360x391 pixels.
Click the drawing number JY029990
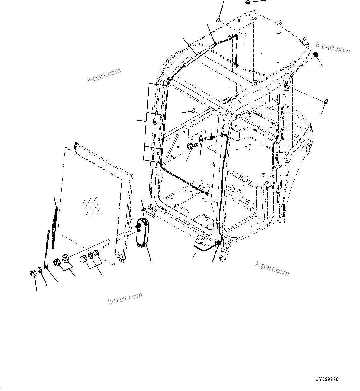327,379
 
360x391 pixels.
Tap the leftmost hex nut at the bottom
32,273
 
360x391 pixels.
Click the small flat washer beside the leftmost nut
40,270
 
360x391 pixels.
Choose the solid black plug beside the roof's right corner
316,54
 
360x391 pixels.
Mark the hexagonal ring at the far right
326,101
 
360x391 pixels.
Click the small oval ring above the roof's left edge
218,20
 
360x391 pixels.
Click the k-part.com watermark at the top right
333,48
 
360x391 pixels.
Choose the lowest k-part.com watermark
125,298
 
